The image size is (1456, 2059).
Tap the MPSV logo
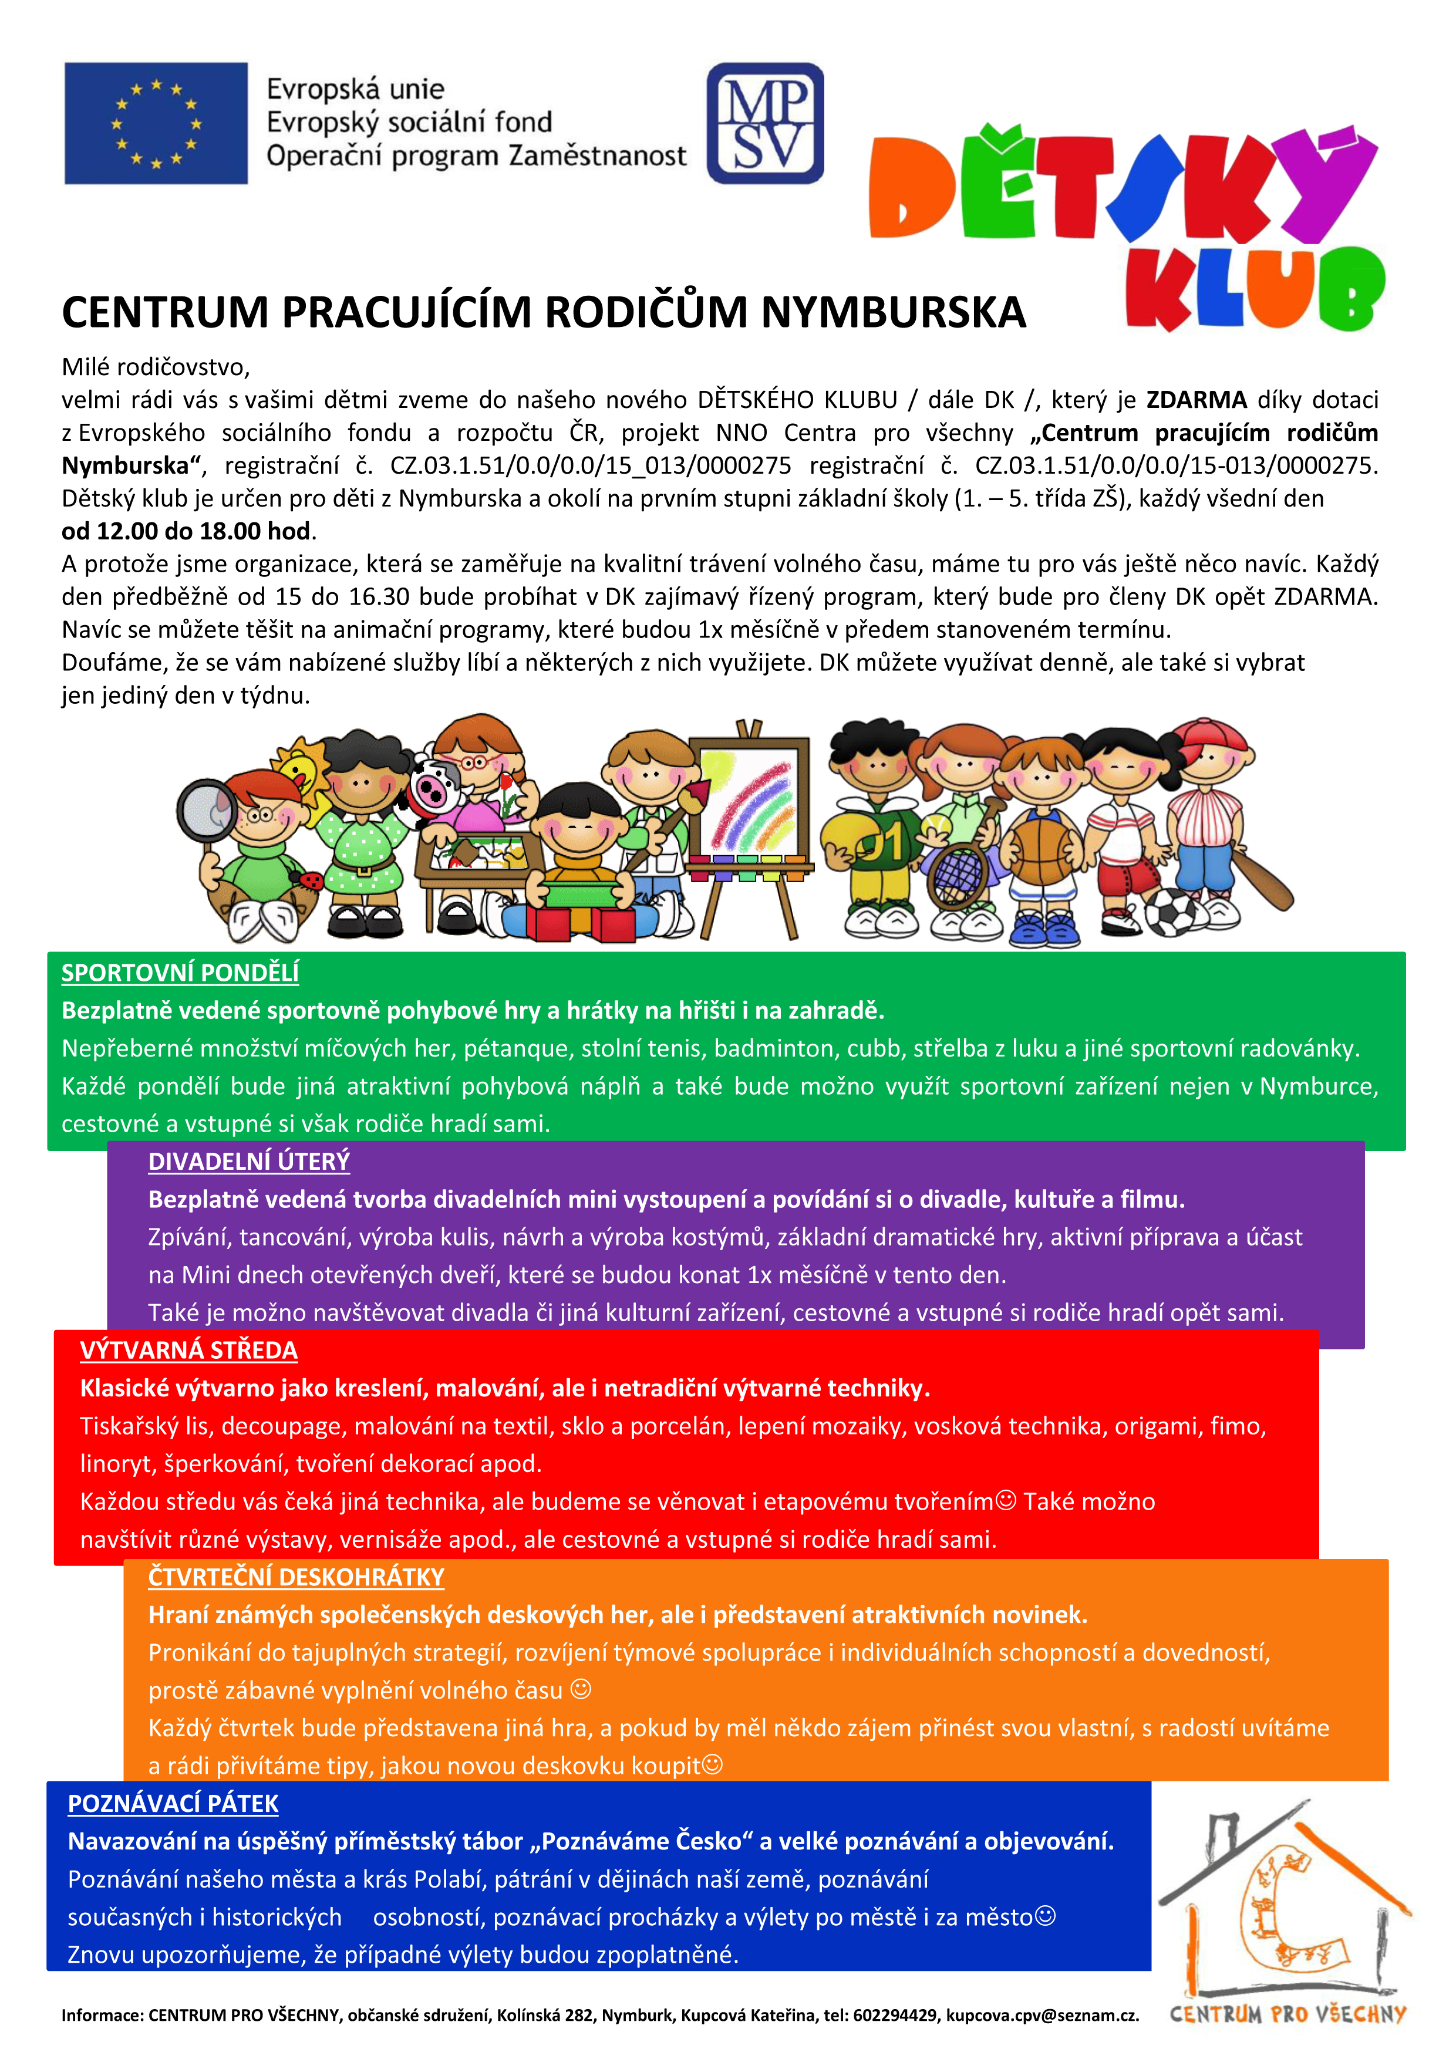click(x=764, y=124)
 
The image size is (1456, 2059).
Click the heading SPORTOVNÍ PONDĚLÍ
click(x=180, y=973)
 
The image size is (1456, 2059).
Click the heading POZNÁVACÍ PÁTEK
click(x=173, y=1804)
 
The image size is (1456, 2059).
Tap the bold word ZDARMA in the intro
click(x=1196, y=400)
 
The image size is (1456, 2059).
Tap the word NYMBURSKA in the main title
click(x=894, y=312)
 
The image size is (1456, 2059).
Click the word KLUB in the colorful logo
click(x=1254, y=289)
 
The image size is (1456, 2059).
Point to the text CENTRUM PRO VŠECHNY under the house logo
click(x=1288, y=2014)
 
